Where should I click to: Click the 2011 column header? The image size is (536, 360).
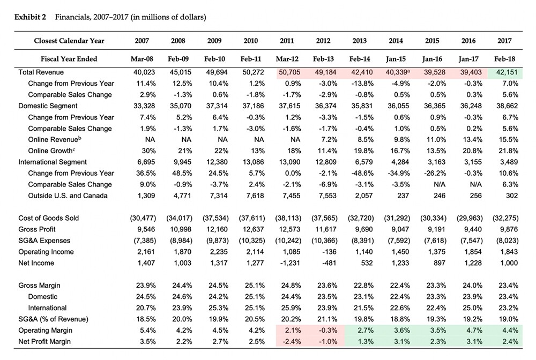pos(287,41)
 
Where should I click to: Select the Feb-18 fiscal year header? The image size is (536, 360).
pos(504,59)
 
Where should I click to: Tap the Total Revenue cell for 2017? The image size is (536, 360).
pos(507,72)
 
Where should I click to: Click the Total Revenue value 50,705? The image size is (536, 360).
pos(289,72)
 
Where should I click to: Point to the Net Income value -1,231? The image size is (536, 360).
pos(290,263)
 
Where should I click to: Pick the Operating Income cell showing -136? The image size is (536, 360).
pos(329,252)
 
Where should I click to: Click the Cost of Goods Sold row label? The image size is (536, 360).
pos(49,218)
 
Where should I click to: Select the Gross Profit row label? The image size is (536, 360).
pos(37,229)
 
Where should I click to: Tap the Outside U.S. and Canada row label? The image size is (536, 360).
pos(68,196)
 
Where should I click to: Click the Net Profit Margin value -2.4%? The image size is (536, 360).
pos(292,342)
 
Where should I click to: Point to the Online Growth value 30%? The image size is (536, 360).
pos(148,151)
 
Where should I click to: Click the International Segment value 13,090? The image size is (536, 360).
pos(289,162)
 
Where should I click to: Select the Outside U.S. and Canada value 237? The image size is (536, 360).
pos(404,196)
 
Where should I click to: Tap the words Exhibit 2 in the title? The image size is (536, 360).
pos(30,17)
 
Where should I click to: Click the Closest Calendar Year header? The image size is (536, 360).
pos(69,41)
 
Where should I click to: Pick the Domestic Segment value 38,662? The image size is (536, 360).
pos(507,106)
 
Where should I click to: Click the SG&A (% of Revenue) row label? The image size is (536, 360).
pos(53,319)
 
